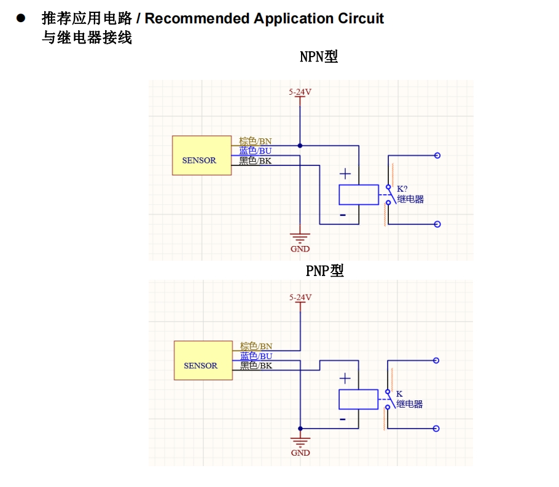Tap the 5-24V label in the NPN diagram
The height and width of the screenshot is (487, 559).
tap(300, 92)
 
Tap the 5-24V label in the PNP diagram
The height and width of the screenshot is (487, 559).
tap(300, 298)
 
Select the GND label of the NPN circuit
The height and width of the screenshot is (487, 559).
tap(300, 249)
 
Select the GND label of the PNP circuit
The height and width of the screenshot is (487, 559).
tap(300, 453)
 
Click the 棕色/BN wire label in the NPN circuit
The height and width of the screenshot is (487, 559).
tap(256, 141)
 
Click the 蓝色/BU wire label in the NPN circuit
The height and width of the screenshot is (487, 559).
tap(256, 151)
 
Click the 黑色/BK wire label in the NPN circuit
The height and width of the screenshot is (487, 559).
tap(256, 160)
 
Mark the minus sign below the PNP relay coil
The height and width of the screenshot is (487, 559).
tap(342, 420)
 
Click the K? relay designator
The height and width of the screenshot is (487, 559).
tap(402, 188)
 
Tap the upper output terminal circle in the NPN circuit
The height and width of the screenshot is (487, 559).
tap(437, 156)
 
